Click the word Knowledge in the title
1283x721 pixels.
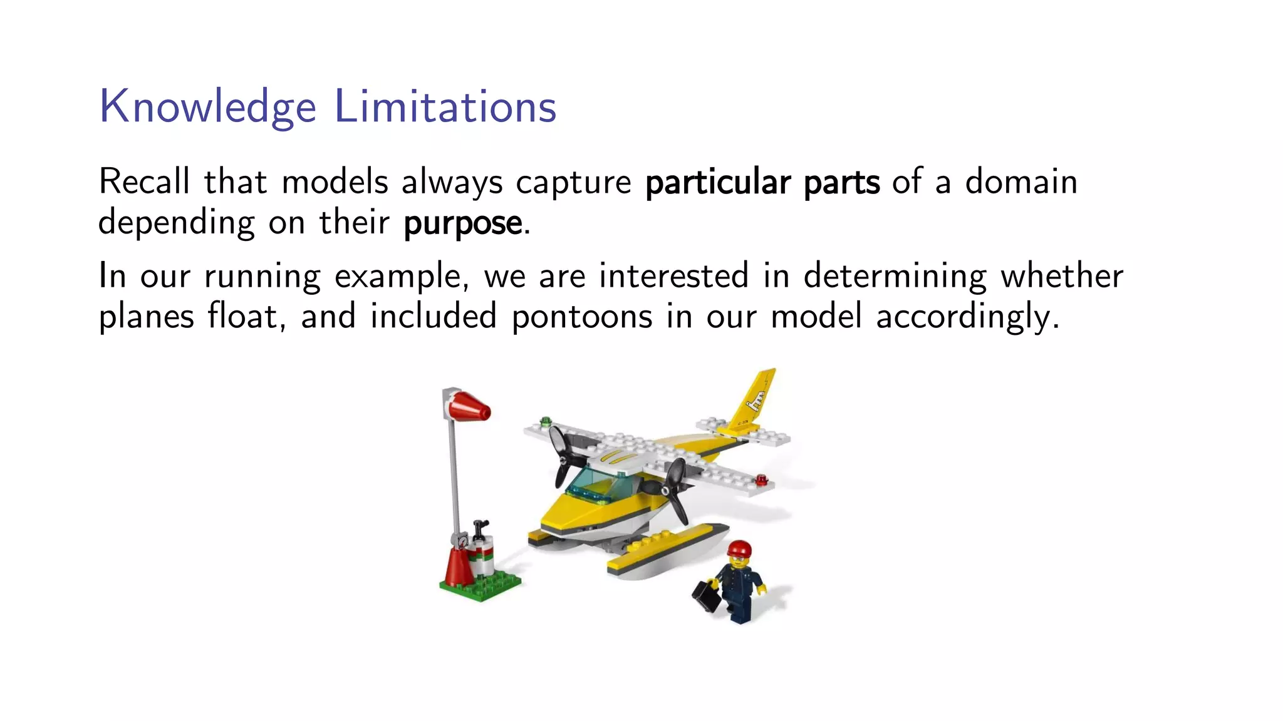pos(207,106)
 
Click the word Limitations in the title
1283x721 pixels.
pos(445,106)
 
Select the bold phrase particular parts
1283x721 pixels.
pos(762,183)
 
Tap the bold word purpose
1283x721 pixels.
pos(462,223)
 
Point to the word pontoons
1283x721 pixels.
pos(581,317)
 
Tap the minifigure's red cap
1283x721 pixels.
pos(739,549)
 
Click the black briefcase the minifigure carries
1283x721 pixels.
pos(706,596)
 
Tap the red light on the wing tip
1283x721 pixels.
pos(762,480)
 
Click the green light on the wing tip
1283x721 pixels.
pos(545,421)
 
